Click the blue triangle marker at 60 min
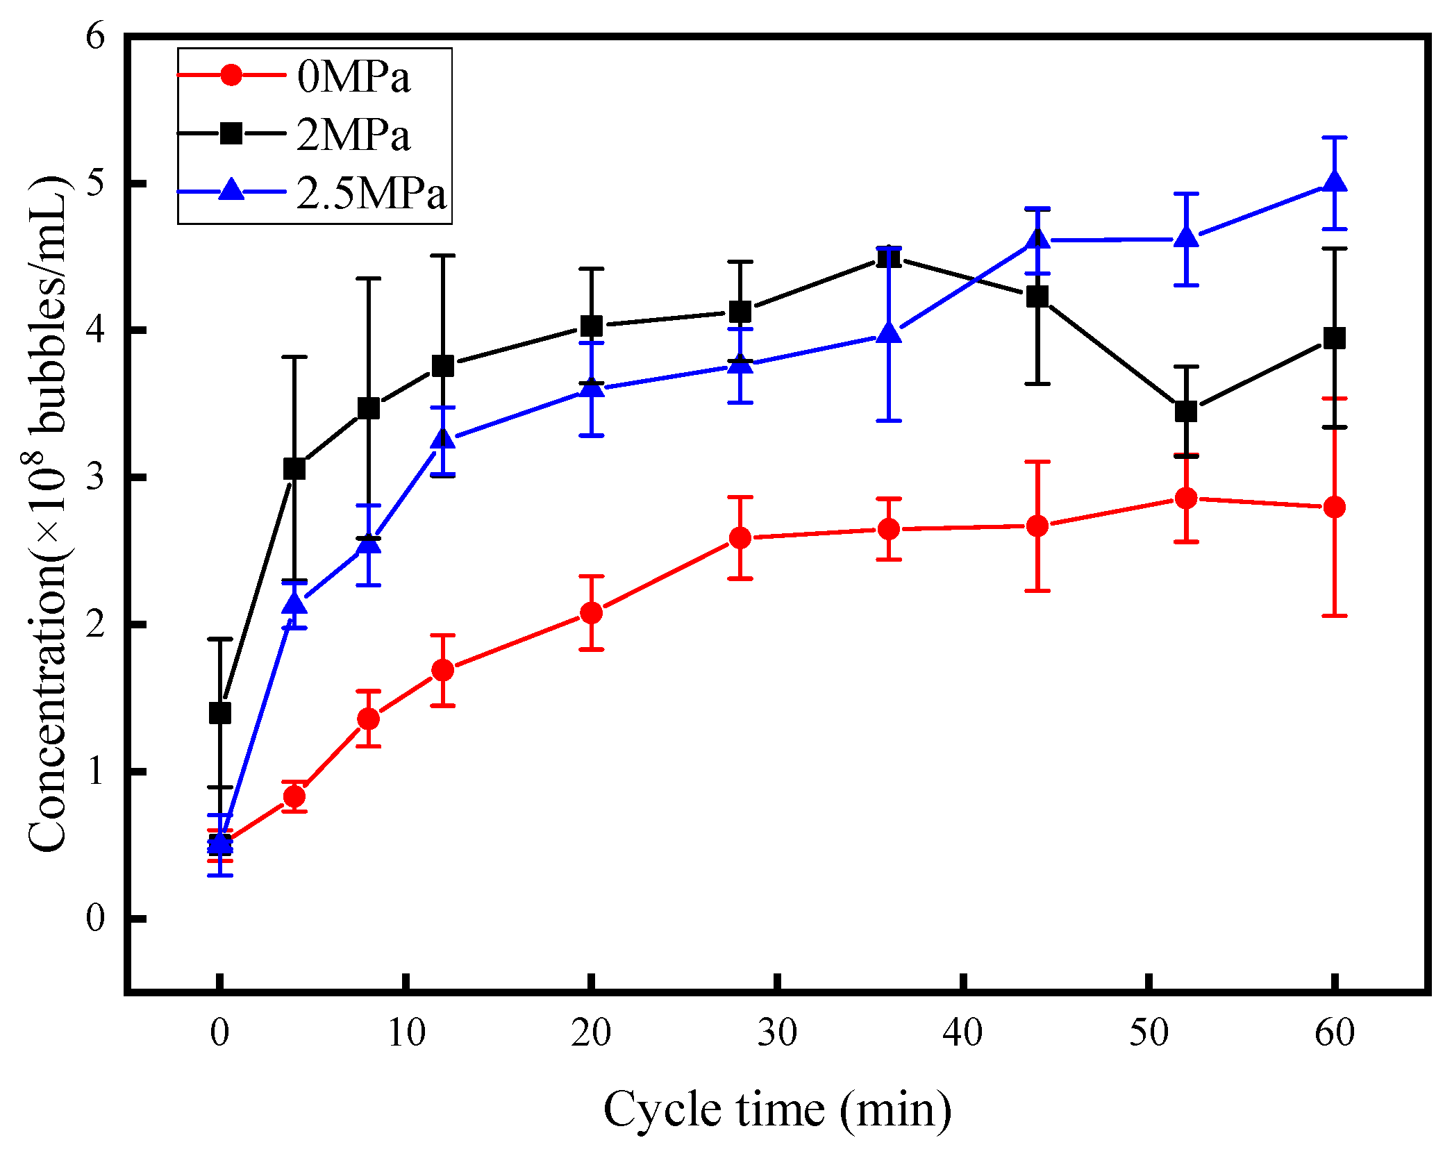click(x=1334, y=183)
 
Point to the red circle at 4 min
click(x=294, y=796)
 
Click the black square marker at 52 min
click(x=1186, y=411)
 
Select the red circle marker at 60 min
click(x=1334, y=507)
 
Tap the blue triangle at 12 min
click(x=443, y=440)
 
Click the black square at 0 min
click(x=220, y=713)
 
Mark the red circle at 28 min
click(x=740, y=538)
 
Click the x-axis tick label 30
click(x=777, y=1033)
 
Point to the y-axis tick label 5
click(x=96, y=183)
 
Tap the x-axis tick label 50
click(x=1149, y=1033)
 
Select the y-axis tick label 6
click(x=96, y=36)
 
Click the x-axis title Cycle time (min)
click(x=777, y=1109)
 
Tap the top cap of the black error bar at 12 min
click(x=443, y=256)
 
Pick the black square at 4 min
click(x=294, y=469)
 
